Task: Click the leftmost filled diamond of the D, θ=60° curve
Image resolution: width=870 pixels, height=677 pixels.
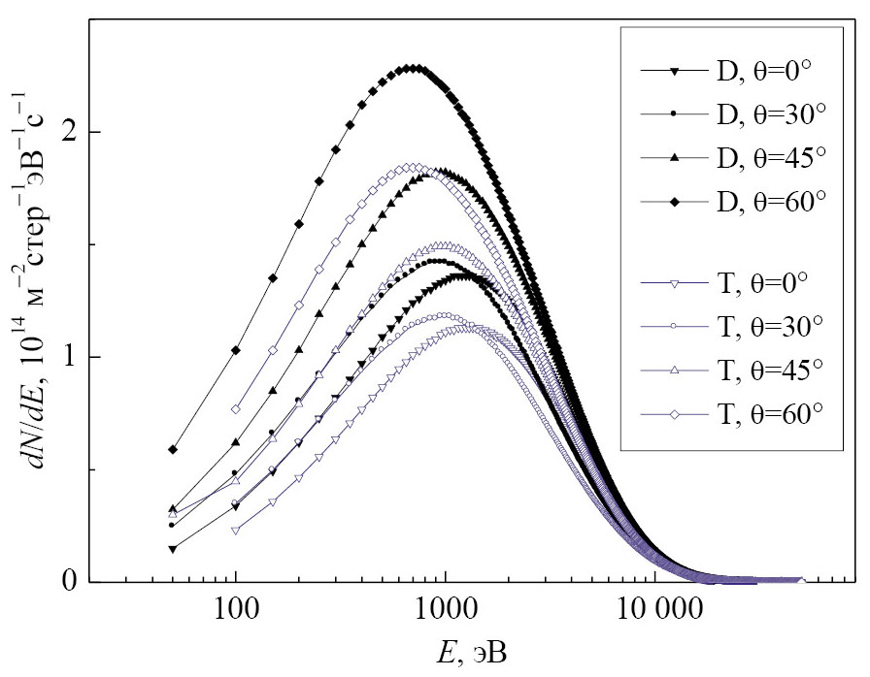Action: (x=173, y=450)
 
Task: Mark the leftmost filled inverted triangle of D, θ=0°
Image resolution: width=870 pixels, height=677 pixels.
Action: (x=173, y=550)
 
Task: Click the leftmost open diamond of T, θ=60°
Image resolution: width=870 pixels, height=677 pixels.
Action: (x=236, y=410)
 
